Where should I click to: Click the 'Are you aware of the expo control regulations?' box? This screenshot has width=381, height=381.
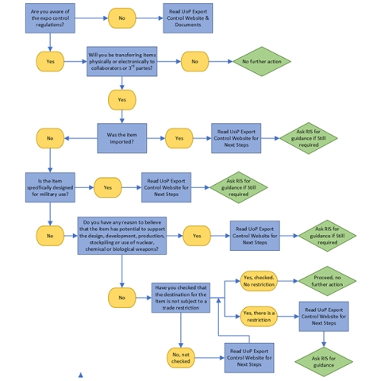pos(51,17)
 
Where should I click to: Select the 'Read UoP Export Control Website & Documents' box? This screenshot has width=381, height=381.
pos(188,17)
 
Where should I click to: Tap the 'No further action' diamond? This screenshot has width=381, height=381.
pos(261,61)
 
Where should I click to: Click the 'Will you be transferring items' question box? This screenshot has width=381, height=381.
pos(121,61)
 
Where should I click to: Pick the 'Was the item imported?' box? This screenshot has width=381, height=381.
pos(121,138)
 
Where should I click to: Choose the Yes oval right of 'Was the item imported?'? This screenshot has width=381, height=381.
pos(179,138)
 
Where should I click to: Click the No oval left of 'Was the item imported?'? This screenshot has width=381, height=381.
pos(50,138)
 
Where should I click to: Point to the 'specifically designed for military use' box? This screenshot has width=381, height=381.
pos(50,188)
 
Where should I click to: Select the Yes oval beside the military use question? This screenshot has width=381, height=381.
pos(107,188)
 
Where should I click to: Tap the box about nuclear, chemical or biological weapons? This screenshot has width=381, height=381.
pos(121,236)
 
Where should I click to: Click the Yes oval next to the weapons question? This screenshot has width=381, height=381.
pos(197,236)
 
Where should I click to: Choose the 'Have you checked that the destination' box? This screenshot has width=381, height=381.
pos(181,298)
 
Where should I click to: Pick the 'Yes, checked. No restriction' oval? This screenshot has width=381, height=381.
pos(258,281)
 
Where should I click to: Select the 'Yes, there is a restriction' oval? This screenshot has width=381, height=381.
pos(258,317)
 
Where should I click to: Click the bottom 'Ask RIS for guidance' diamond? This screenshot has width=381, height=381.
pos(323,361)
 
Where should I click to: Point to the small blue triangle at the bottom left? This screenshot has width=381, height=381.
pos(80,375)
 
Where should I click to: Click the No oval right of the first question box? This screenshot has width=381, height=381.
pos(121,17)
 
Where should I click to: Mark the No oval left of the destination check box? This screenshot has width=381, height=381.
pos(121,298)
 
